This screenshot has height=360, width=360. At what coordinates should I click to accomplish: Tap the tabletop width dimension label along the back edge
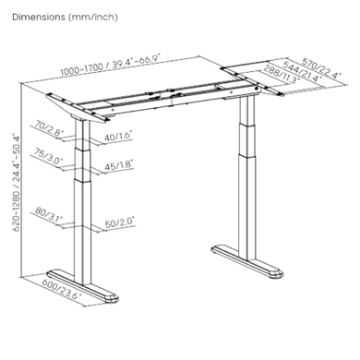click(x=107, y=62)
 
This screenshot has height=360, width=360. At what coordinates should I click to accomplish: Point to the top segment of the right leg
click(x=246, y=111)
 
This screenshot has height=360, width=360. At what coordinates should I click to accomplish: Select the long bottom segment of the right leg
click(x=248, y=203)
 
